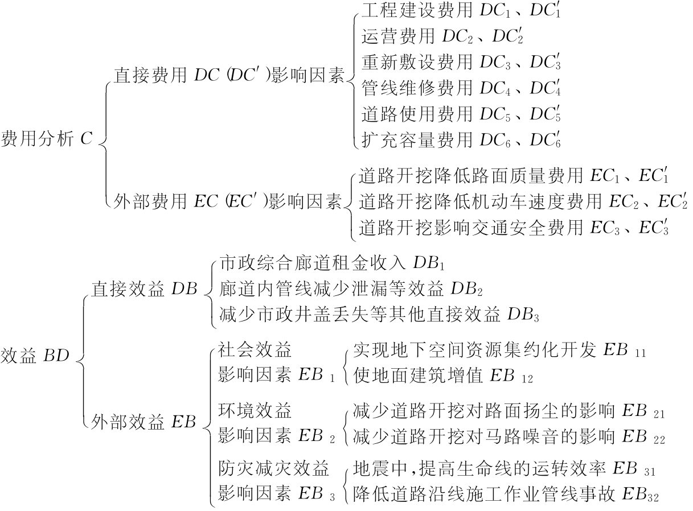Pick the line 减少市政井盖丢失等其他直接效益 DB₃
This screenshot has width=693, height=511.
[378, 313]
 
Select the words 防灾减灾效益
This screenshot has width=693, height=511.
[274, 470]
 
